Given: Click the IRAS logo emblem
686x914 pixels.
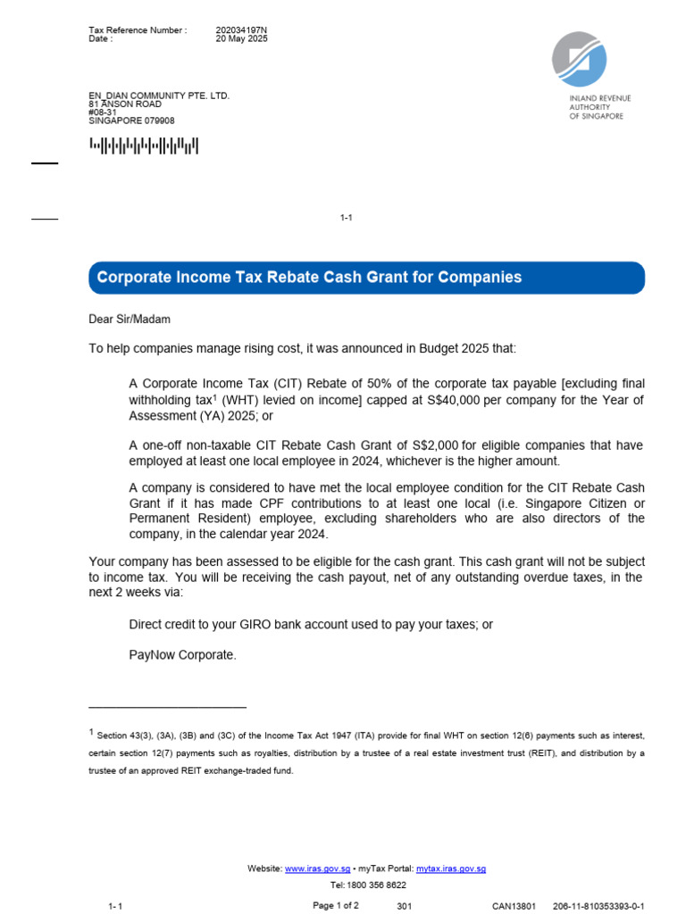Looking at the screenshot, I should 579,59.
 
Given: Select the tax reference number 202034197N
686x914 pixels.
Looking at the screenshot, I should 241,30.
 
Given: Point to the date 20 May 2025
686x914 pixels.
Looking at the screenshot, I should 241,39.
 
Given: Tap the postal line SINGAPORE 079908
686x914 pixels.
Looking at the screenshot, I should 131,120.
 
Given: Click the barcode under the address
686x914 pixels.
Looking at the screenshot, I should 143,145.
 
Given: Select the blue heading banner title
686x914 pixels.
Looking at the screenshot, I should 309,278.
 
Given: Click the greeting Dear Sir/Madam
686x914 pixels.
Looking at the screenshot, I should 130,319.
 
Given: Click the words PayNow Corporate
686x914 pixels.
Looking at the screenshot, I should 182,654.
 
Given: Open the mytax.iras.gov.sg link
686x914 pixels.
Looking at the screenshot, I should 451,868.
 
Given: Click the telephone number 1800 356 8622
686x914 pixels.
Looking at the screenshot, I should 375,885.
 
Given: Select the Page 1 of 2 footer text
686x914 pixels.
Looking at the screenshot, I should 335,905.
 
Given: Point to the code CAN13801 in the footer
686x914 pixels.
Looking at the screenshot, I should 514,906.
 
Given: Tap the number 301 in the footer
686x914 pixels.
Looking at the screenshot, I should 404,906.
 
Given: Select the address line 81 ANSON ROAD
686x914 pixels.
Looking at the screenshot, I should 125,104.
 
